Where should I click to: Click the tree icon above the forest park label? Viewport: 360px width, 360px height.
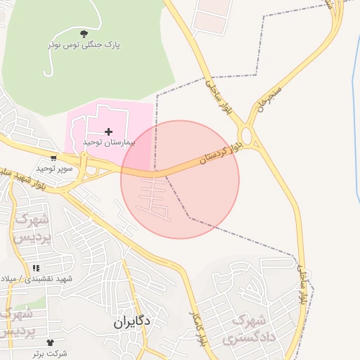click(x=84, y=33)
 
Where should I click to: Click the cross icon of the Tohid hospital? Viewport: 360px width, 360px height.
click(x=108, y=131)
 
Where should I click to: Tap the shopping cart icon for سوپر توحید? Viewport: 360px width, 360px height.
click(x=53, y=158)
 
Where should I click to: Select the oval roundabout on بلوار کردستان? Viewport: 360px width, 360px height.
click(x=246, y=135)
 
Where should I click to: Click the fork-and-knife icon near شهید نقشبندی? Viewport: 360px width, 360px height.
click(x=36, y=269)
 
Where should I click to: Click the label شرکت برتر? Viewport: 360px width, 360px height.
click(x=49, y=352)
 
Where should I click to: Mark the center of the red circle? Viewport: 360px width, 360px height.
click(x=180, y=179)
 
